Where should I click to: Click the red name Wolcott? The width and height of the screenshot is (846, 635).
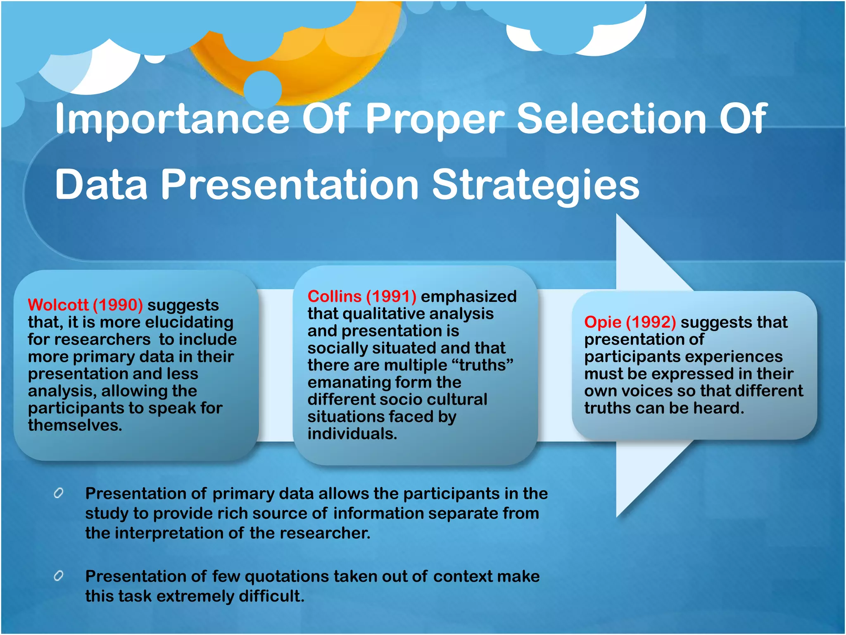(x=58, y=305)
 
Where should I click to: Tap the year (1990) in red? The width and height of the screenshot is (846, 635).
(x=118, y=305)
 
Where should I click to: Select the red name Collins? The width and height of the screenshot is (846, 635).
(x=335, y=296)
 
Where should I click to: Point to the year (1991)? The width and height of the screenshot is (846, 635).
(x=391, y=296)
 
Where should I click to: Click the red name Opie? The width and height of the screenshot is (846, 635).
(x=603, y=322)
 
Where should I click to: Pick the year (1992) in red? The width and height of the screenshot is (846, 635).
(x=651, y=322)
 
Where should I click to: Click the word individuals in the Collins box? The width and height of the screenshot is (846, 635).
(x=352, y=434)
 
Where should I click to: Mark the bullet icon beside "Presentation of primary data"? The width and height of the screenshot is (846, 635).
(x=59, y=493)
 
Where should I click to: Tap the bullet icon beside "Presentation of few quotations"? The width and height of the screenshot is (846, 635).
(x=59, y=575)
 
